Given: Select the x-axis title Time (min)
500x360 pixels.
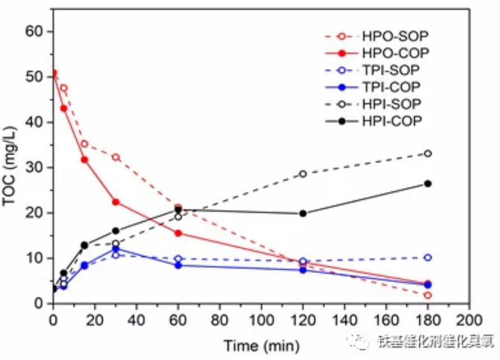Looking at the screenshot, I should pyautogui.click(x=262, y=344).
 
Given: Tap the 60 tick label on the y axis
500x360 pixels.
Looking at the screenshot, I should pyautogui.click(x=36, y=31).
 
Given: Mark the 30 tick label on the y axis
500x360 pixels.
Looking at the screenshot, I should pyautogui.click(x=36, y=168).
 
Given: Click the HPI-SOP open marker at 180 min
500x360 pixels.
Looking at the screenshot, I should pyautogui.click(x=428, y=153).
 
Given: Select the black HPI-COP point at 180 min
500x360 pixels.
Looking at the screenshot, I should pyautogui.click(x=428, y=183).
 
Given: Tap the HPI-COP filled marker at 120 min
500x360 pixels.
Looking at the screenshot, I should pyautogui.click(x=303, y=213).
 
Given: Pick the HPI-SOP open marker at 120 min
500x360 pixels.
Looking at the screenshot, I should pyautogui.click(x=303, y=174).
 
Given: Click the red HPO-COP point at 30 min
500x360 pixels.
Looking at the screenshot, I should pyautogui.click(x=116, y=202).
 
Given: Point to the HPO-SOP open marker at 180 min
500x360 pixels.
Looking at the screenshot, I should pyautogui.click(x=428, y=295).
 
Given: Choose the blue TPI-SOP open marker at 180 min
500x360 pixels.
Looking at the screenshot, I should pyautogui.click(x=428, y=257).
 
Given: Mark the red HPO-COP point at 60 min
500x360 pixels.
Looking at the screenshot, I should pyautogui.click(x=178, y=233).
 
